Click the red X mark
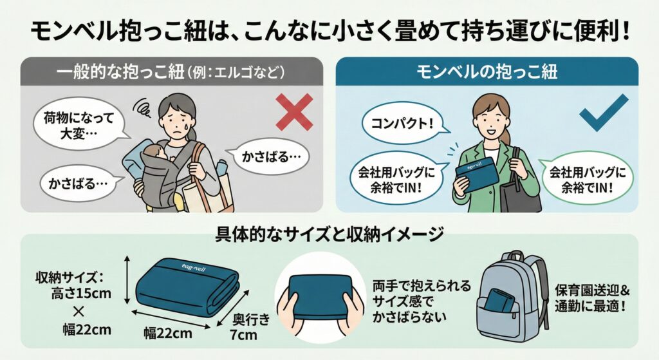(x=293, y=112)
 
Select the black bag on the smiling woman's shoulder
(x=521, y=193)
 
